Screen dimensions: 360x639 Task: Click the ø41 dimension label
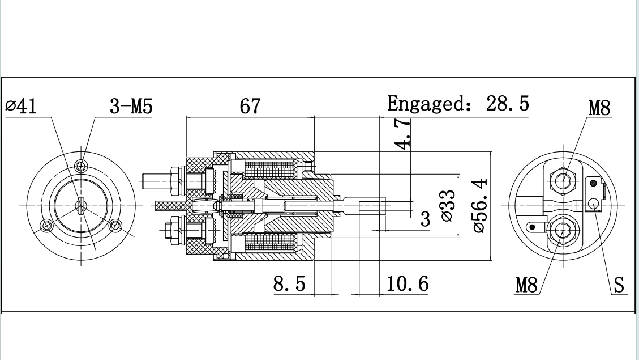coord(21,107)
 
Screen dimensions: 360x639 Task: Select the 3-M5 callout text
coord(131,107)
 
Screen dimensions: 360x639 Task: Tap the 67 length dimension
coord(250,107)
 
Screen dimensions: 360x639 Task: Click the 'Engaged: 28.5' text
coord(458,104)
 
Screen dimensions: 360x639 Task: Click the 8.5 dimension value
coord(289,283)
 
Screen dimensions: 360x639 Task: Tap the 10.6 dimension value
coord(407,283)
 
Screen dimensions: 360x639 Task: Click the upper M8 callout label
coord(599,108)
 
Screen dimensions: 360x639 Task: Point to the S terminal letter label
coord(620,285)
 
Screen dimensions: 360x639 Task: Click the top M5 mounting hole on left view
coord(83,166)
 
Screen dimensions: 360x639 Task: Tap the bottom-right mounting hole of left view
coord(117,226)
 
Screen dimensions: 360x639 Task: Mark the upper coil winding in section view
coord(269,168)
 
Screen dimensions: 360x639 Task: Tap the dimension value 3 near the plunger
coord(425,220)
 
